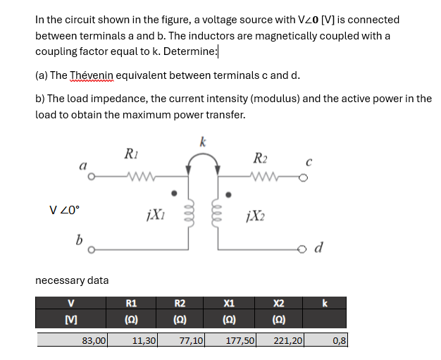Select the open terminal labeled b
tap(89, 249)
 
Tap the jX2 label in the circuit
tap(254, 214)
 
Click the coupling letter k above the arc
tap(203, 142)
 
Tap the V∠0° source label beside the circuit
tap(66, 209)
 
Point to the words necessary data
tap(72, 280)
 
